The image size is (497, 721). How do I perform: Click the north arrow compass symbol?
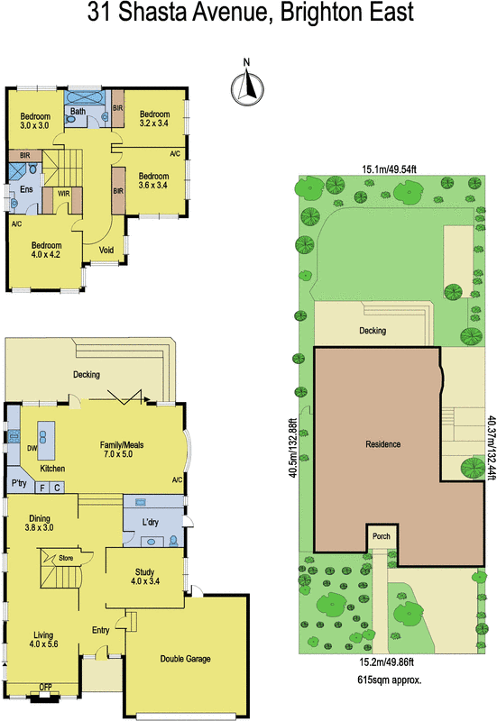(x=246, y=86)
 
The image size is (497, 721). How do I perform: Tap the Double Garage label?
(x=185, y=659)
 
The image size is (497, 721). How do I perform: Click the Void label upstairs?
(x=106, y=250)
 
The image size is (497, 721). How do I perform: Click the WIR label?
(x=64, y=193)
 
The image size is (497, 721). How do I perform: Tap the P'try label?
(x=19, y=484)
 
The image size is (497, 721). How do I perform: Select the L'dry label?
(x=152, y=522)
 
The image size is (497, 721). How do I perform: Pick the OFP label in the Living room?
(x=45, y=688)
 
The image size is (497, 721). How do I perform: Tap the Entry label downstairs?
(x=100, y=631)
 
